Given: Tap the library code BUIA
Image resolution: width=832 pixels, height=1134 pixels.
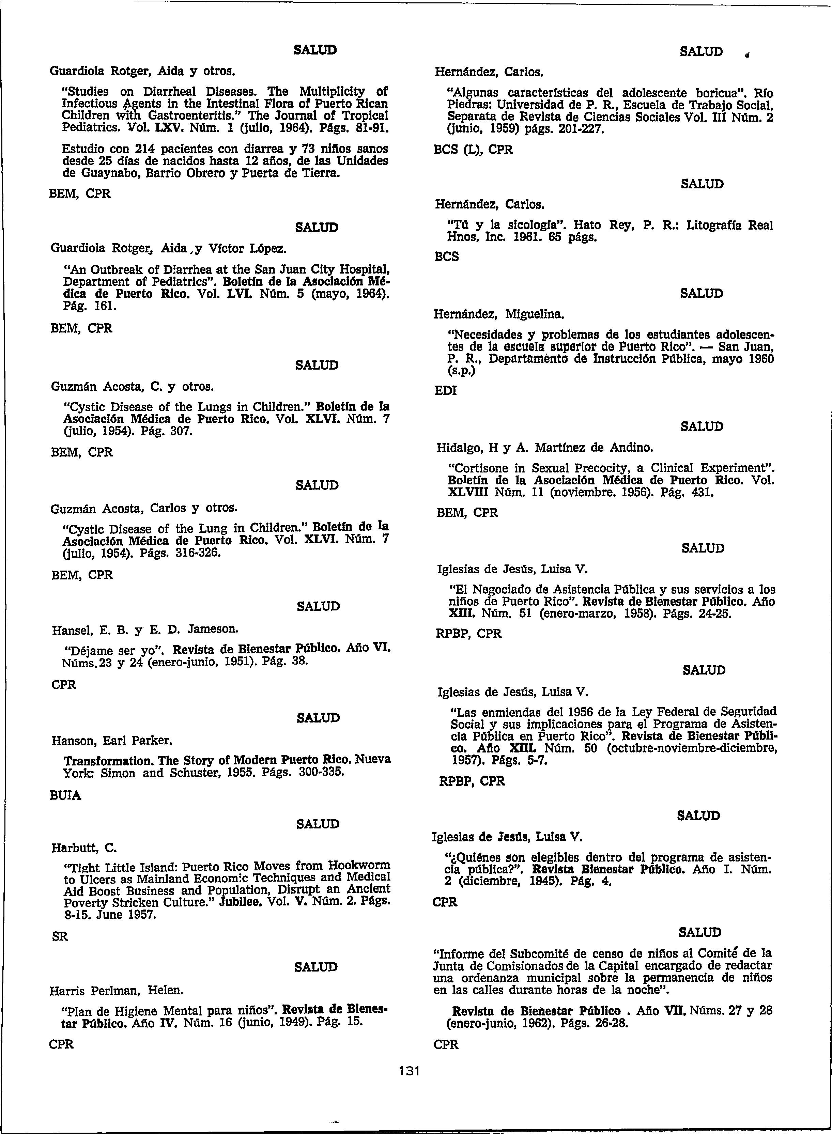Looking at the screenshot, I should pos(66,796).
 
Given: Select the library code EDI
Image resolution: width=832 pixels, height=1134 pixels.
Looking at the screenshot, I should pos(445,391).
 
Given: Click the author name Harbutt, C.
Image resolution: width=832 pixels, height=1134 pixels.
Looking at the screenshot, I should pos(84,848).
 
